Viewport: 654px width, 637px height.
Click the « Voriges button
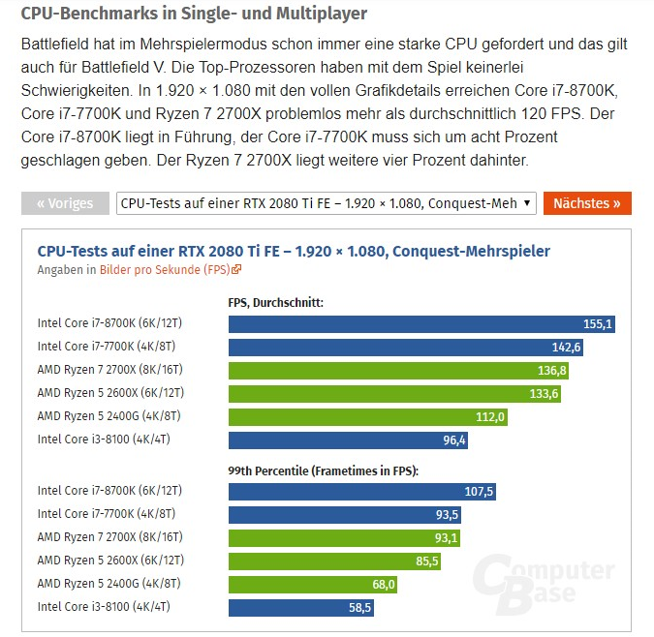pyautogui.click(x=65, y=203)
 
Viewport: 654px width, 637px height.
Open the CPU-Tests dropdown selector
pyautogui.click(x=326, y=203)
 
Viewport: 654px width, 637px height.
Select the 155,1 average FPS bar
pyautogui.click(x=421, y=324)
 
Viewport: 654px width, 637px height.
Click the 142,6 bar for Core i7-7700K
pyautogui.click(x=406, y=348)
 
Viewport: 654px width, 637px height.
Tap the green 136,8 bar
pyautogui.click(x=398, y=371)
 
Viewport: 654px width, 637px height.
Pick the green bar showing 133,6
pyautogui.click(x=394, y=394)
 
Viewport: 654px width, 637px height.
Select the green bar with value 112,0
pyautogui.click(x=367, y=417)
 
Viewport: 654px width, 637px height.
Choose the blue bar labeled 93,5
pyautogui.click(x=345, y=515)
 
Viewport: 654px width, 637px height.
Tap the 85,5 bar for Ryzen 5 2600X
pyautogui.click(x=334, y=561)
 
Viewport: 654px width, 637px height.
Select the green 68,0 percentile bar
pyautogui.click(x=313, y=585)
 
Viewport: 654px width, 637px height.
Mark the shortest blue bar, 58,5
pyautogui.click(x=301, y=608)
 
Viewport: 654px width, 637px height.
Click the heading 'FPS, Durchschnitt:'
pyautogui.click(x=275, y=302)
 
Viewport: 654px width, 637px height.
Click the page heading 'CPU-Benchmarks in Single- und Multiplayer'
pyautogui.click(x=194, y=15)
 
